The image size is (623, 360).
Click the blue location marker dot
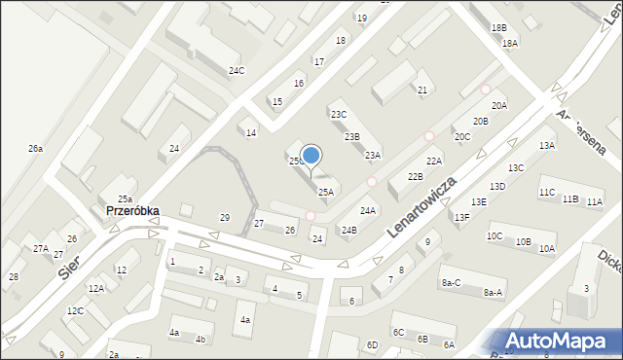[311, 155]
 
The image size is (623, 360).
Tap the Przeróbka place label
[132, 210]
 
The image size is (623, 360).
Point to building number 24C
[237, 71]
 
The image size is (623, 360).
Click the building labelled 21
[422, 90]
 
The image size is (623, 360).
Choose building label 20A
[499, 105]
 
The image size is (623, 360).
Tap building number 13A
[547, 145]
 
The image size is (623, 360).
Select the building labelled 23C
[339, 115]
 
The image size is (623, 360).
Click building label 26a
[35, 149]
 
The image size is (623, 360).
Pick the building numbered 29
[225, 217]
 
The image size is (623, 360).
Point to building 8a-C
[451, 282]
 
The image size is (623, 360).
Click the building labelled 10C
[495, 235]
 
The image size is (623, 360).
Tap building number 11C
[547, 193]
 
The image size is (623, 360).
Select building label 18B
[498, 28]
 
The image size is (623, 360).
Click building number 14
[251, 132]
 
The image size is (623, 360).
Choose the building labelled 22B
[416, 176]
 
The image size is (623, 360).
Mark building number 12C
[75, 311]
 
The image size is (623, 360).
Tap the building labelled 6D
[372, 344]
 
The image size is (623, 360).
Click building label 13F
[461, 217]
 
